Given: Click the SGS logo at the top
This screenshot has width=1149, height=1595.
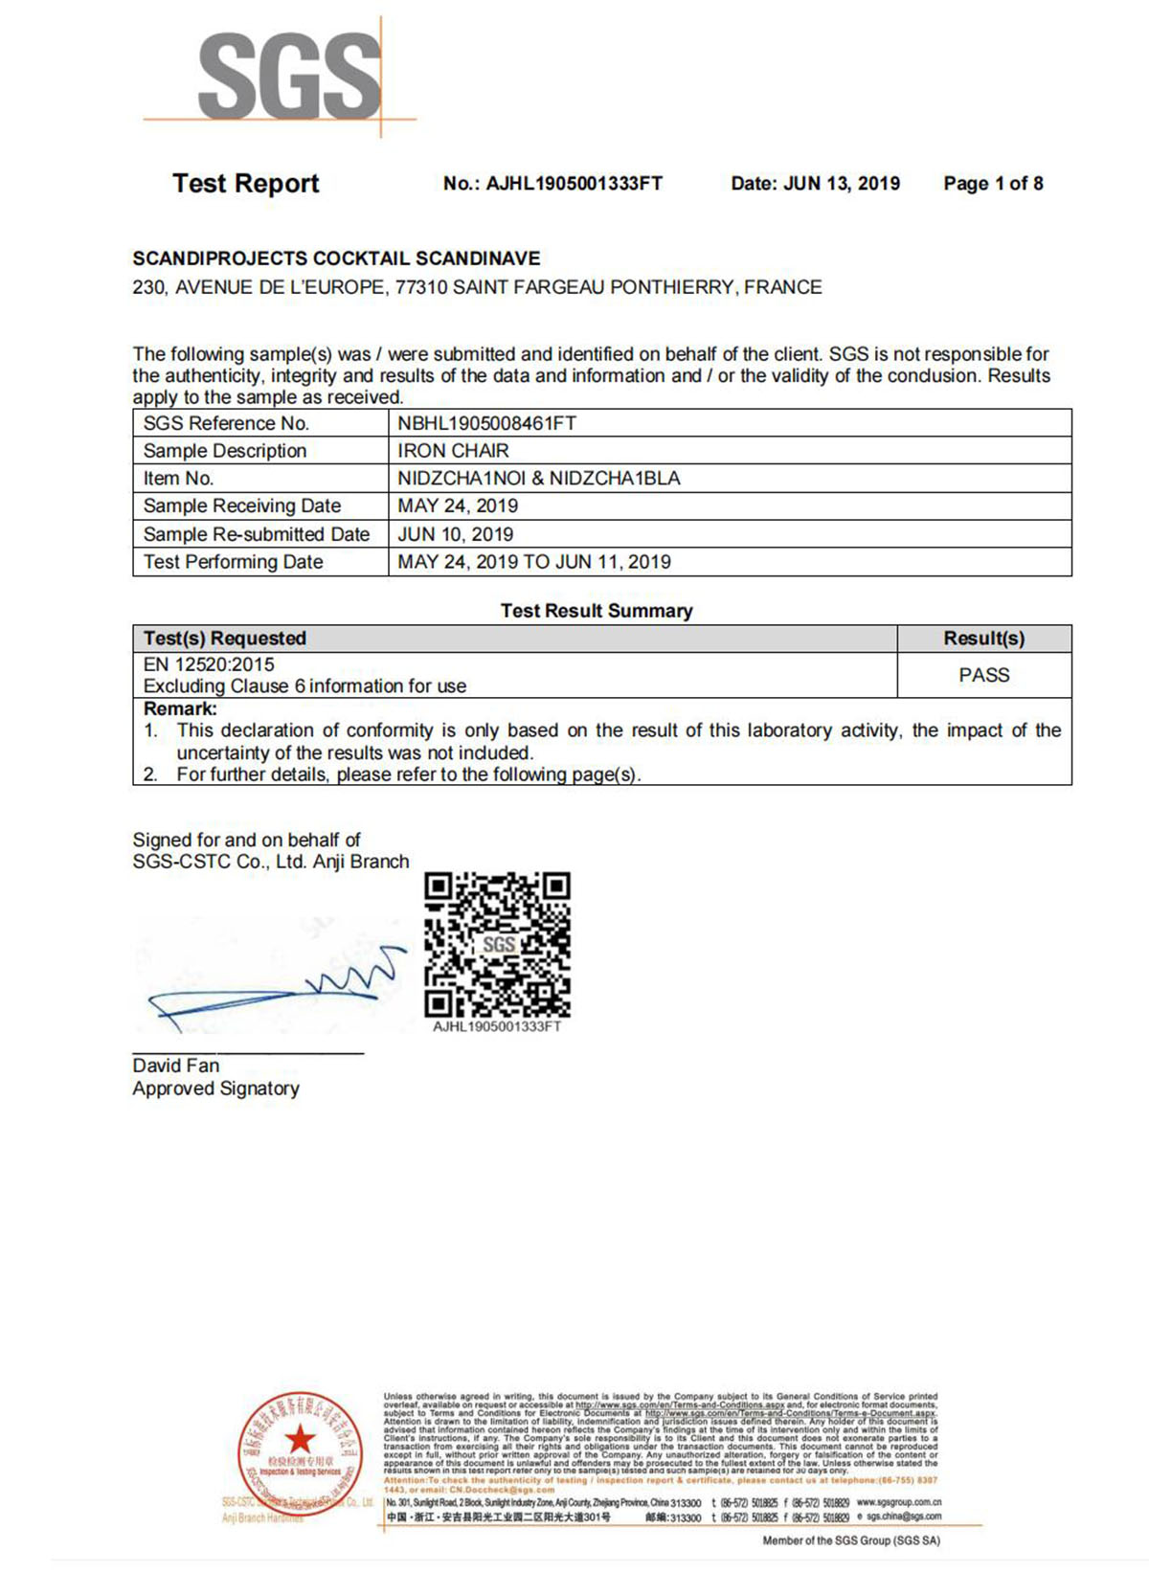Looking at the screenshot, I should (x=289, y=76).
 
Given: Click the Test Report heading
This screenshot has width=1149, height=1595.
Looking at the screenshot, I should (x=245, y=184).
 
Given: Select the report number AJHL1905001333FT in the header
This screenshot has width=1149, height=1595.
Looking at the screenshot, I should (x=574, y=184).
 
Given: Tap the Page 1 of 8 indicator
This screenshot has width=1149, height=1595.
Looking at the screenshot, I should (x=993, y=184).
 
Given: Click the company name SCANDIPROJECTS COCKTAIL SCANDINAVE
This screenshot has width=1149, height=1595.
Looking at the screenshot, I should (x=336, y=258).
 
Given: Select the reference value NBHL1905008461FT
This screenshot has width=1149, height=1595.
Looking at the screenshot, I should (x=486, y=423).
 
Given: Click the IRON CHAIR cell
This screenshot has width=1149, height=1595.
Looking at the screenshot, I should (x=453, y=451).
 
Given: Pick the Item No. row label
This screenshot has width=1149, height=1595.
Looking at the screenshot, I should (x=178, y=479).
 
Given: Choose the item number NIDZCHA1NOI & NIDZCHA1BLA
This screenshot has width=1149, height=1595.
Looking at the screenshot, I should (x=538, y=479).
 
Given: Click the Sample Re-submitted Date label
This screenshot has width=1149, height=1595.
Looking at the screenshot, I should (x=256, y=534).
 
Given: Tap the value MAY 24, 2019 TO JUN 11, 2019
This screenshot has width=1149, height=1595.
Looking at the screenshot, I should (x=533, y=562).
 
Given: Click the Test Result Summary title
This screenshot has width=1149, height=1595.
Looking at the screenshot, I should (x=597, y=611).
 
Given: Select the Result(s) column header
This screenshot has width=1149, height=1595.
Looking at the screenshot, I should (x=983, y=639).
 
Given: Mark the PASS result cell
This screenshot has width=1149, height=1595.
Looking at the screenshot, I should (x=983, y=675).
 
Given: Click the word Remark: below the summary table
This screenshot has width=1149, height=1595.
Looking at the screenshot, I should (x=180, y=709).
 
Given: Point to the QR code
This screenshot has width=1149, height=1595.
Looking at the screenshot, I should (x=497, y=944).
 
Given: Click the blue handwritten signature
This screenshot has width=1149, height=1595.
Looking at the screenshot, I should (x=278, y=991).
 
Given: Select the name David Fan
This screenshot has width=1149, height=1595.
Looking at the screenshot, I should (x=176, y=1066).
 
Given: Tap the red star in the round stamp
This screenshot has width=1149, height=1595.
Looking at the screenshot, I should (x=300, y=1437).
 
